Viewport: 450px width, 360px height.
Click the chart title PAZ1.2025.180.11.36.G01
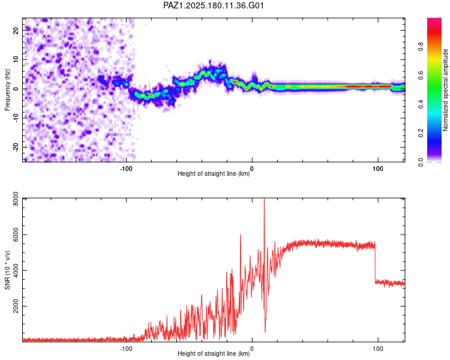[213, 5]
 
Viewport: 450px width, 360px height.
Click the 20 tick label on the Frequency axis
[16, 30]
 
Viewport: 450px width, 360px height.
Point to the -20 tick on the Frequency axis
[16, 147]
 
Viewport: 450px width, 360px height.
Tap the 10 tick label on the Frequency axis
[16, 59]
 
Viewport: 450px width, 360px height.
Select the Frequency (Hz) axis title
[7, 90]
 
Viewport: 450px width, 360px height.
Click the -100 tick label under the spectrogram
[126, 169]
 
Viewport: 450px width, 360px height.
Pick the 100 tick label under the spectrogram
[378, 169]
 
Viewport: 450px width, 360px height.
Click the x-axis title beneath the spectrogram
[214, 173]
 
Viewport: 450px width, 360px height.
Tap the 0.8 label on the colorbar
[421, 47]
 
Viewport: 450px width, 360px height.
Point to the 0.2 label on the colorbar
[421, 133]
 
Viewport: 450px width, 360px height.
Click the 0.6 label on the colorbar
[421, 76]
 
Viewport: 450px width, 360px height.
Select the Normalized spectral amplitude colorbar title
[445, 90]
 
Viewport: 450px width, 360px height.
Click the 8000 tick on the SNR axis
[16, 199]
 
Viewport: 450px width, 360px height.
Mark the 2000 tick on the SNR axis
[16, 307]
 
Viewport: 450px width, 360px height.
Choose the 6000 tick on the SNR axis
[16, 235]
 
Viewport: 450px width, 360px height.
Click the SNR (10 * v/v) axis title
[7, 270]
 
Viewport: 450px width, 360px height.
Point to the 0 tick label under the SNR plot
[252, 349]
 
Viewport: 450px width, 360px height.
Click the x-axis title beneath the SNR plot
[214, 353]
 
